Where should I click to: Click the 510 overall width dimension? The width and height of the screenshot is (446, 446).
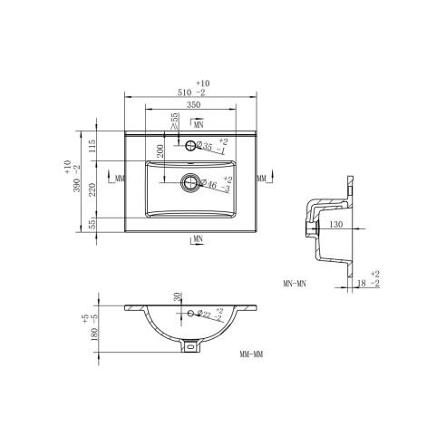pyautogui.click(x=190, y=91)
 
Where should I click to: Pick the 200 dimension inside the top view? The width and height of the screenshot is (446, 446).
pyautogui.click(x=160, y=151)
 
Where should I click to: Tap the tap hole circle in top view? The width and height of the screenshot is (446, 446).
pyautogui.click(x=191, y=146)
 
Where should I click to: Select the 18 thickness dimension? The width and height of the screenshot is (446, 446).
pyautogui.click(x=362, y=284)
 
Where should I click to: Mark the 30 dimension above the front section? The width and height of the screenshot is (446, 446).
pyautogui.click(x=179, y=297)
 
